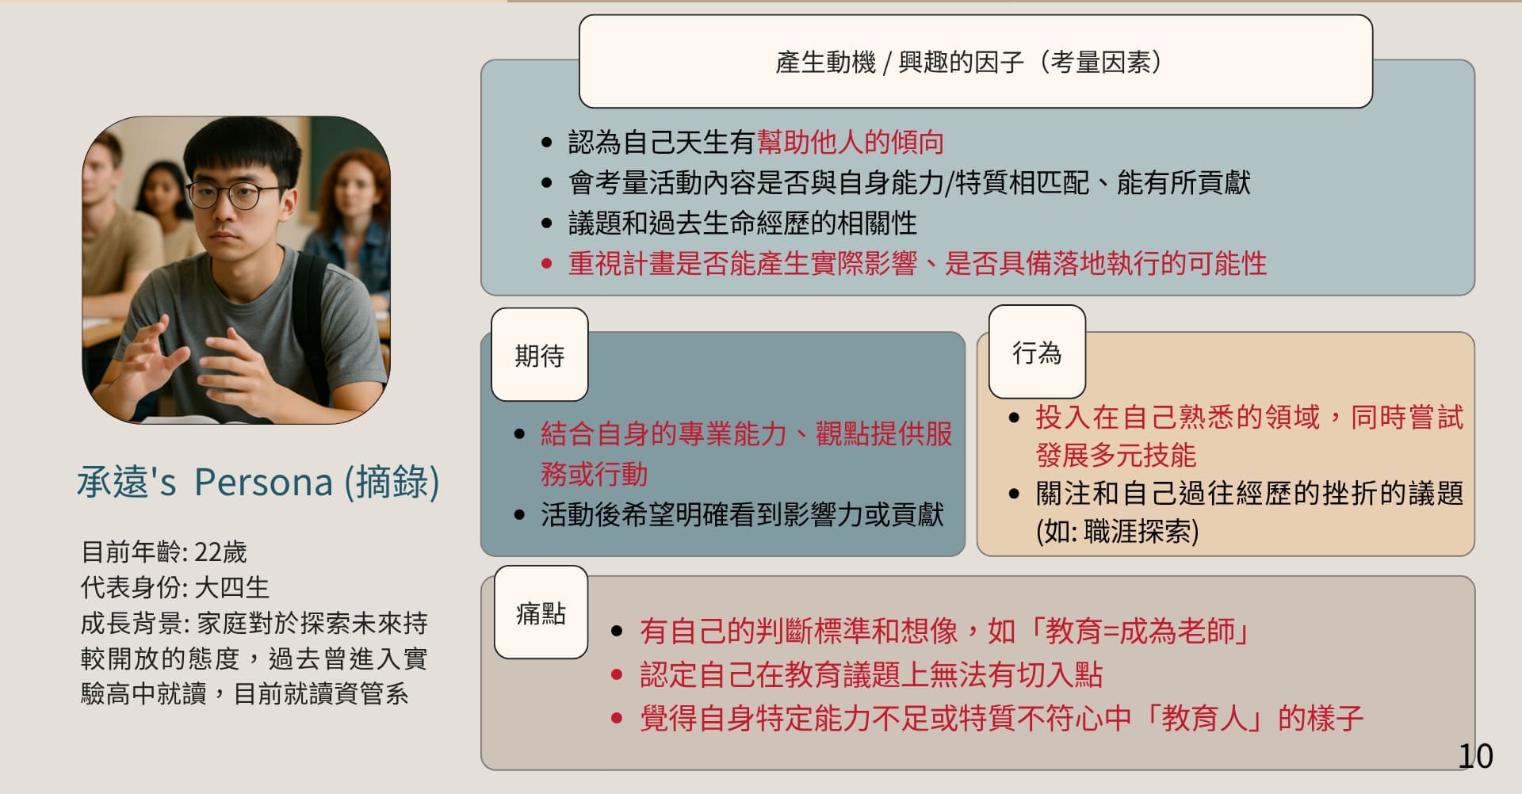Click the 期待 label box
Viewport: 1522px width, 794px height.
pyautogui.click(x=540, y=355)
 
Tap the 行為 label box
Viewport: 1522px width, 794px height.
pyautogui.click(x=1037, y=352)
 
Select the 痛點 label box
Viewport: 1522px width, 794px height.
pyautogui.click(x=541, y=613)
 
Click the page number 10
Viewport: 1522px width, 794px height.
pyautogui.click(x=1475, y=756)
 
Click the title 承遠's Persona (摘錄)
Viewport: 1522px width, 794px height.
pyautogui.click(x=258, y=481)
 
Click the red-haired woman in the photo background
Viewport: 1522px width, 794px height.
pyautogui.click(x=350, y=210)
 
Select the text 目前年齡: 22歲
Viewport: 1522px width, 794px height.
pyautogui.click(x=164, y=552)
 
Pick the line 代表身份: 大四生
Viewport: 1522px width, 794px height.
pyautogui.click(x=175, y=587)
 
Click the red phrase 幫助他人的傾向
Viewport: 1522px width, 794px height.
pyautogui.click(x=851, y=142)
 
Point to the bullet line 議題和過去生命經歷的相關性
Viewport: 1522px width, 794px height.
pyautogui.click(x=743, y=223)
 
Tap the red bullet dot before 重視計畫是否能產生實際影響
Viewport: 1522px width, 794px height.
pyautogui.click(x=546, y=264)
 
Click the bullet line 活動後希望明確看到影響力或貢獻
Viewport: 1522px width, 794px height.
pyautogui.click(x=742, y=514)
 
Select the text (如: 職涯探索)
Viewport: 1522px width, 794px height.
pyautogui.click(x=1118, y=531)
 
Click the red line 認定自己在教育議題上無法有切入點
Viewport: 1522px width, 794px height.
pyautogui.click(x=871, y=674)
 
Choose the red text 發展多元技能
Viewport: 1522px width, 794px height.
pyautogui.click(x=1115, y=455)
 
